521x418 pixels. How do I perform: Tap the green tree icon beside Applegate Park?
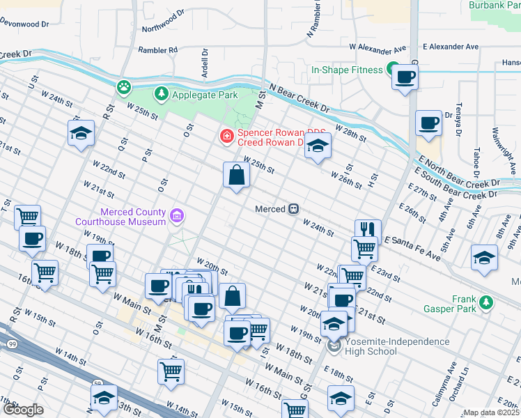point(162,93)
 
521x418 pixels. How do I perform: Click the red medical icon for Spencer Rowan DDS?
point(226,135)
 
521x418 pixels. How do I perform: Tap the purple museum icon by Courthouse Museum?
point(178,216)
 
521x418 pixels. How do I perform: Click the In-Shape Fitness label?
point(347,70)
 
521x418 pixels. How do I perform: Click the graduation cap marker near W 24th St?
point(81,132)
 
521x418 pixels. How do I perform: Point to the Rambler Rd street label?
point(158,50)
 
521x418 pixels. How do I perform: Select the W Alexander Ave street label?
point(377,48)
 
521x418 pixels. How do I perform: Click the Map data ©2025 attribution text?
point(491,412)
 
